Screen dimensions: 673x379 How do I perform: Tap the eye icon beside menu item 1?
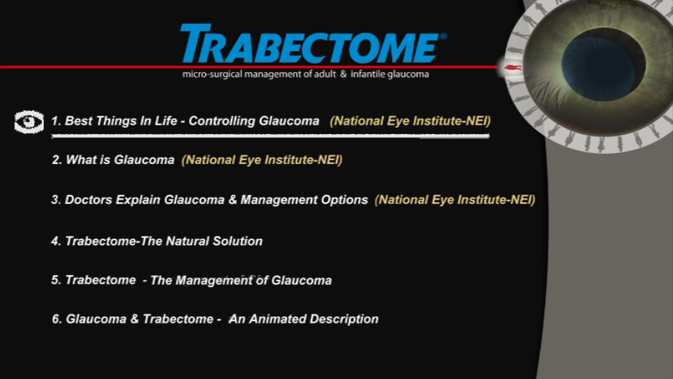coord(29,122)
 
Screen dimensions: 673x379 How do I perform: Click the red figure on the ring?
coord(512,67)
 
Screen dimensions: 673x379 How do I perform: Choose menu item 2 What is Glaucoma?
coord(113,160)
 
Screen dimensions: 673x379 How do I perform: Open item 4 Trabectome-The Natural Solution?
coord(156,241)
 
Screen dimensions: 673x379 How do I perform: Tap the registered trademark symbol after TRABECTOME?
coord(443,36)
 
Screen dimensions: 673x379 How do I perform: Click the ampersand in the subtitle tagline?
coord(343,74)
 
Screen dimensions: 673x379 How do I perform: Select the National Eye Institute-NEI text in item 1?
coord(410,121)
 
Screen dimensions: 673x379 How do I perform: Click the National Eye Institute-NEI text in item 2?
coord(262,160)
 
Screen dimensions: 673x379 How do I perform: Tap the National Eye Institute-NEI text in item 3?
coord(455,199)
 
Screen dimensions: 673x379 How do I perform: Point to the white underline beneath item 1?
coord(270,136)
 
